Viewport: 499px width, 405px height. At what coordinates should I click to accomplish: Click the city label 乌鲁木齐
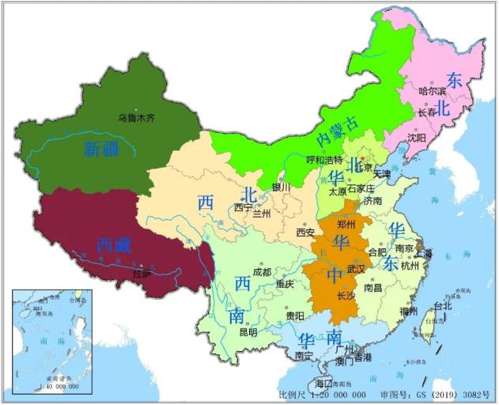click(x=135, y=116)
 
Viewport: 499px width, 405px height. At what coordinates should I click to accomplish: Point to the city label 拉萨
click(x=142, y=274)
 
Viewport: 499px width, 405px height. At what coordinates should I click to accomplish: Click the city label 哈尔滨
click(x=433, y=91)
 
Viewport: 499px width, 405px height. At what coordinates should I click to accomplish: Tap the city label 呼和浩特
click(x=304, y=161)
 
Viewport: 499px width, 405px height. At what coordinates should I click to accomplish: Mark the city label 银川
click(x=282, y=187)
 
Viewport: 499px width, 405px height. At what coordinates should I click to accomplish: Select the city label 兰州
click(x=261, y=214)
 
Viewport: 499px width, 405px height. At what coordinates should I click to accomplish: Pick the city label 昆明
click(x=247, y=332)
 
